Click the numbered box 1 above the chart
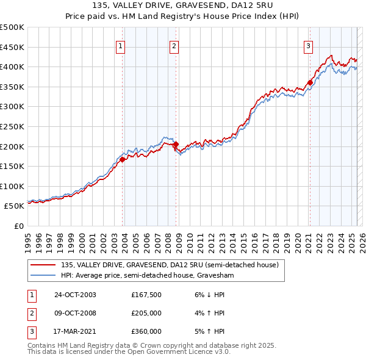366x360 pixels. tap(120, 45)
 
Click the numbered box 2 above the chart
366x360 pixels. tap(174, 45)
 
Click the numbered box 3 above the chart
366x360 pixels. tap(308, 45)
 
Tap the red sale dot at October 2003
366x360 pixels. tap(123, 159)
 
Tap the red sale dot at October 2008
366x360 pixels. tap(176, 145)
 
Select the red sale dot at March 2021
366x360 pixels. tap(310, 82)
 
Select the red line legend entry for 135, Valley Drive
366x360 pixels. tap(170, 265)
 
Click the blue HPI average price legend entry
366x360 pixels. tap(147, 276)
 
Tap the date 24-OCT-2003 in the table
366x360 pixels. tap(75, 295)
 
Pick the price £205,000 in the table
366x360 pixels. tap(146, 313)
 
